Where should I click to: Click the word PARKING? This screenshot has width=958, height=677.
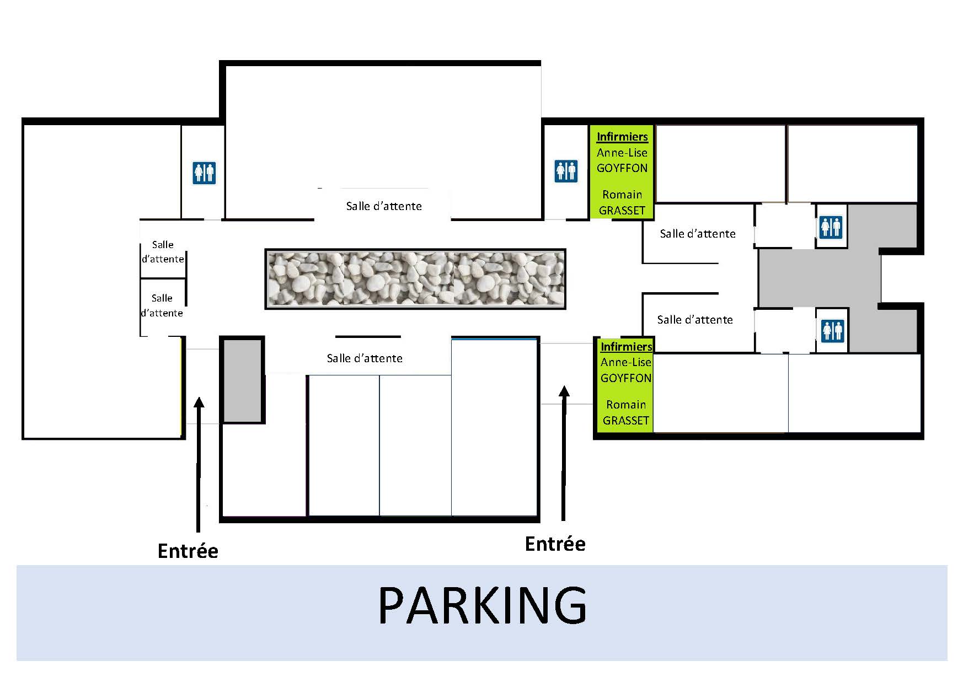(x=483, y=605)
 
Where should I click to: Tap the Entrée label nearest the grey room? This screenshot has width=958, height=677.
(x=188, y=551)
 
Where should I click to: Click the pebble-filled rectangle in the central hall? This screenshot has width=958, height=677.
(x=415, y=278)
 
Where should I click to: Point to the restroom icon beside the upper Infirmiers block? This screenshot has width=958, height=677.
(x=566, y=171)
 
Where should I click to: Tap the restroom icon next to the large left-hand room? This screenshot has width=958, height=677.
(x=204, y=173)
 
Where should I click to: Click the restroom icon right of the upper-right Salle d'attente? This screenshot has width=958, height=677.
(x=831, y=227)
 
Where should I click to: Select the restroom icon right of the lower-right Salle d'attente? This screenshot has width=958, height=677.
(x=833, y=330)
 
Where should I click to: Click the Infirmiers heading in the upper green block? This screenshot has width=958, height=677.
(x=622, y=137)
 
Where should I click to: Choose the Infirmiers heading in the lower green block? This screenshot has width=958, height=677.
(x=627, y=347)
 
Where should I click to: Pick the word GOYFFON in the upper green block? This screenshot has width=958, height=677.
(x=622, y=168)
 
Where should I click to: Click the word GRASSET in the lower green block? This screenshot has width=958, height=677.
(x=626, y=421)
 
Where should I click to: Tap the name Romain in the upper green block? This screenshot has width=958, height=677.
(x=622, y=195)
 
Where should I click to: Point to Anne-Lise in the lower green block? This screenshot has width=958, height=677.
(x=626, y=362)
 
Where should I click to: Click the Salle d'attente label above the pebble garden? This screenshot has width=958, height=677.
(x=384, y=206)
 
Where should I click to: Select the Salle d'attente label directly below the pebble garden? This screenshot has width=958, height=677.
(x=365, y=358)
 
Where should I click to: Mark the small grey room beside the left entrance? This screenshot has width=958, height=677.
(x=242, y=380)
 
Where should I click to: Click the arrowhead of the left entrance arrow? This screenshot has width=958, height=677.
(x=199, y=402)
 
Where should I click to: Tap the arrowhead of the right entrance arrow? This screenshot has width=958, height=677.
(x=564, y=391)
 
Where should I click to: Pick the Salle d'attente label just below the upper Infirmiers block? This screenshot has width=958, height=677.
(x=698, y=234)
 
